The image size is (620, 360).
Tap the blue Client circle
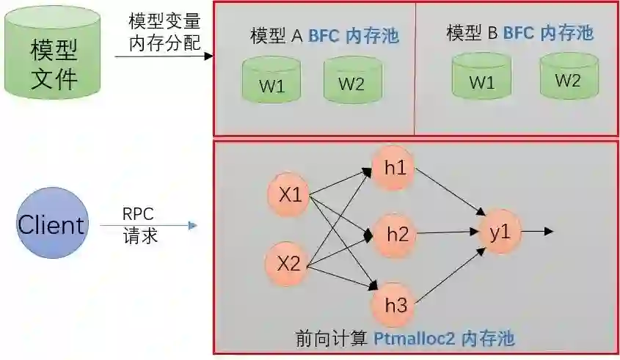(51, 224)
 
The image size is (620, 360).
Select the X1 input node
(290, 195)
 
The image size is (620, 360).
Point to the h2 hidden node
(397, 235)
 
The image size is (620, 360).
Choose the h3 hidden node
(395, 304)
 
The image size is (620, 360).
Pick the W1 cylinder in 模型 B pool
(481, 80)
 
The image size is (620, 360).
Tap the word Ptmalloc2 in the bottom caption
(415, 339)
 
